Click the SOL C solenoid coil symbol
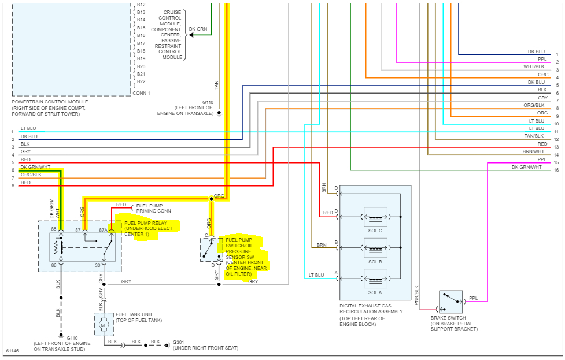click(x=375, y=217)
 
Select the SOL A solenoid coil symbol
click(x=375, y=279)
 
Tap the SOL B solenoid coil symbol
click(x=375, y=248)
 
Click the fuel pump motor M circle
click(x=104, y=325)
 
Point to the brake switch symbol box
click(x=450, y=302)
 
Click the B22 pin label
click(x=141, y=81)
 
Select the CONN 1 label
click(x=141, y=93)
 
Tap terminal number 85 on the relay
click(x=54, y=229)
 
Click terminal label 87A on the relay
click(x=103, y=230)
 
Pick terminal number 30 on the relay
click(x=98, y=265)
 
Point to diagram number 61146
click(x=12, y=351)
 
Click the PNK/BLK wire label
click(x=416, y=295)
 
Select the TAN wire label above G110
click(x=216, y=86)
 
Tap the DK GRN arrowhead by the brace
click(x=191, y=35)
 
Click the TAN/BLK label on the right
click(x=534, y=136)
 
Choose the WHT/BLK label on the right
click(x=534, y=66)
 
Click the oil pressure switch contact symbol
click(x=207, y=250)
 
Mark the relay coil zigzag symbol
click(x=57, y=248)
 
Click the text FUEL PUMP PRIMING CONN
click(x=153, y=208)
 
